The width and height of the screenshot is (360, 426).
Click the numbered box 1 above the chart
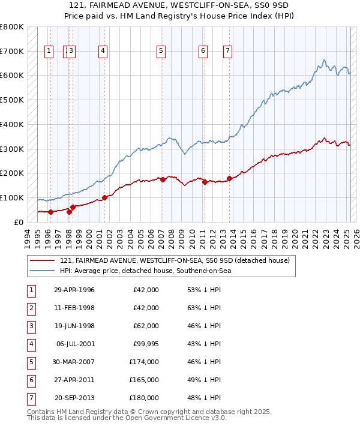(x=49, y=52)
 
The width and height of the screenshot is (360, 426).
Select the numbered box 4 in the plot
(x=103, y=52)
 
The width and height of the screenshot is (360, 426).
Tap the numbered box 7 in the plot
(x=228, y=52)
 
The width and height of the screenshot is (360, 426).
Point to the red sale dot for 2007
(x=163, y=179)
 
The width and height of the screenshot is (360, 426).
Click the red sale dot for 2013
(x=229, y=178)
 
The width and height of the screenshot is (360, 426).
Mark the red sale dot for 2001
(x=104, y=197)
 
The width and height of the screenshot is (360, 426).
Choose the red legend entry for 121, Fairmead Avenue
(x=175, y=261)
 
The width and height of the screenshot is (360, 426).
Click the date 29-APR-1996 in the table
(x=74, y=290)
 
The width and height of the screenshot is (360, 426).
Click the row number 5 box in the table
(x=31, y=362)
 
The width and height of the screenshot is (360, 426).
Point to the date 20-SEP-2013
(x=74, y=398)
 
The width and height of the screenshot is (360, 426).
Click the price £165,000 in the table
(x=144, y=380)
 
